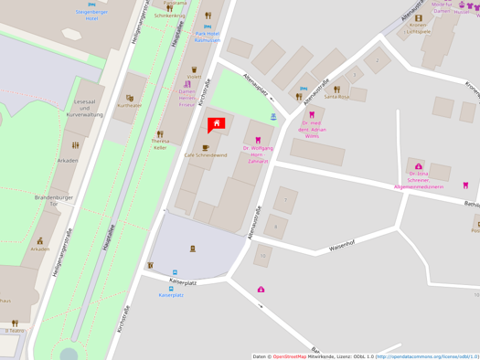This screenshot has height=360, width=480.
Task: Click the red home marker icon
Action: (x=217, y=123)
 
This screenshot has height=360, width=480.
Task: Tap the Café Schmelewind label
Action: (x=206, y=155)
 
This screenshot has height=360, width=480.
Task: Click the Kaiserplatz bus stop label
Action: (x=171, y=295)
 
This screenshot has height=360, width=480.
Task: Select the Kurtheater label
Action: (x=129, y=106)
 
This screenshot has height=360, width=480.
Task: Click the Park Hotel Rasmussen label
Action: (x=208, y=37)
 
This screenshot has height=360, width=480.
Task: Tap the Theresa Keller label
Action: (x=160, y=144)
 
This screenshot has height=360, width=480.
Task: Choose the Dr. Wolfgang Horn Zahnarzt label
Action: (x=258, y=154)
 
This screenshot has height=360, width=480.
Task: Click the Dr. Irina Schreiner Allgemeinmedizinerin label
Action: (x=419, y=179)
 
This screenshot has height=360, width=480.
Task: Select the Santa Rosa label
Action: (x=336, y=96)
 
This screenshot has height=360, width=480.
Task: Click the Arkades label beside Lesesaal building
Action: (x=68, y=160)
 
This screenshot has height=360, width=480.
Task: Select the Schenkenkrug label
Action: (x=169, y=16)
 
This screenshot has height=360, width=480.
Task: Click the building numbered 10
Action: (x=263, y=256)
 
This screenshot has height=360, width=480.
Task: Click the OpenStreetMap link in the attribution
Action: (x=290, y=356)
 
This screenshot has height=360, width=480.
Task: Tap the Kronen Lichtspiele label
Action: (x=418, y=28)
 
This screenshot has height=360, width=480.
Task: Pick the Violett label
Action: (x=194, y=77)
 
